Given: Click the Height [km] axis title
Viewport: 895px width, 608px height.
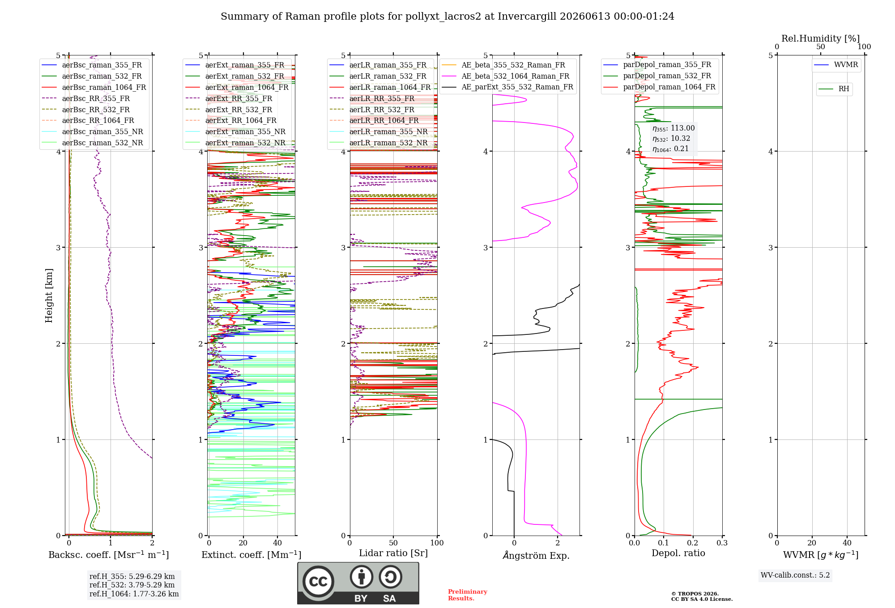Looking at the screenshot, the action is [x=49, y=296].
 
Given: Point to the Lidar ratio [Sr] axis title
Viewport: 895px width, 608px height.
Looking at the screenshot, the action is [x=393, y=553].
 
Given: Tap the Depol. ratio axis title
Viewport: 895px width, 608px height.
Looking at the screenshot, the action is [x=678, y=553].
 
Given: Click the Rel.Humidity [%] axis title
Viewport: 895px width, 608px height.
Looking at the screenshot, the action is [x=821, y=38].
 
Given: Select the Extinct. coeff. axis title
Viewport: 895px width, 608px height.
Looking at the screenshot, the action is [x=251, y=555].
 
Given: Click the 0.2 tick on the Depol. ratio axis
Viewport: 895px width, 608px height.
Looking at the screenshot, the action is [x=693, y=543].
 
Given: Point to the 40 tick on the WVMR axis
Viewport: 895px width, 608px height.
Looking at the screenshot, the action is [x=847, y=543].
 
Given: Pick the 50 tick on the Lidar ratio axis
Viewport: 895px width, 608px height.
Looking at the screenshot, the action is [x=393, y=543].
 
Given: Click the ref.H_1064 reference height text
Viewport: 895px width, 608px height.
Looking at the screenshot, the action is [x=134, y=594].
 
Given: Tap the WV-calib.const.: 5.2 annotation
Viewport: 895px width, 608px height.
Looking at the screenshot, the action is [x=795, y=575].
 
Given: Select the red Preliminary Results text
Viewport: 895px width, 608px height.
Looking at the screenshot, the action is [x=468, y=595].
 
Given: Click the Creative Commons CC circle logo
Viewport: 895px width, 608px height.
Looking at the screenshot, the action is [x=318, y=581].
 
